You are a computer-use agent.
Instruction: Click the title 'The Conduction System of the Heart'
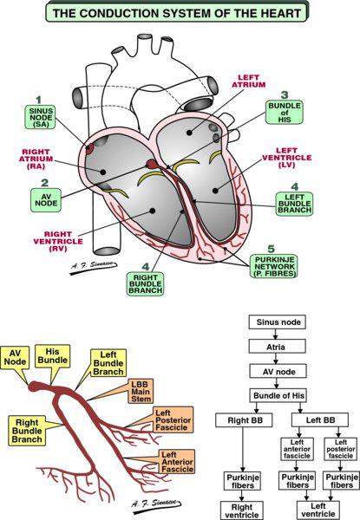[180, 13]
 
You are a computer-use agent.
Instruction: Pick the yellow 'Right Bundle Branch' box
[28, 431]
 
